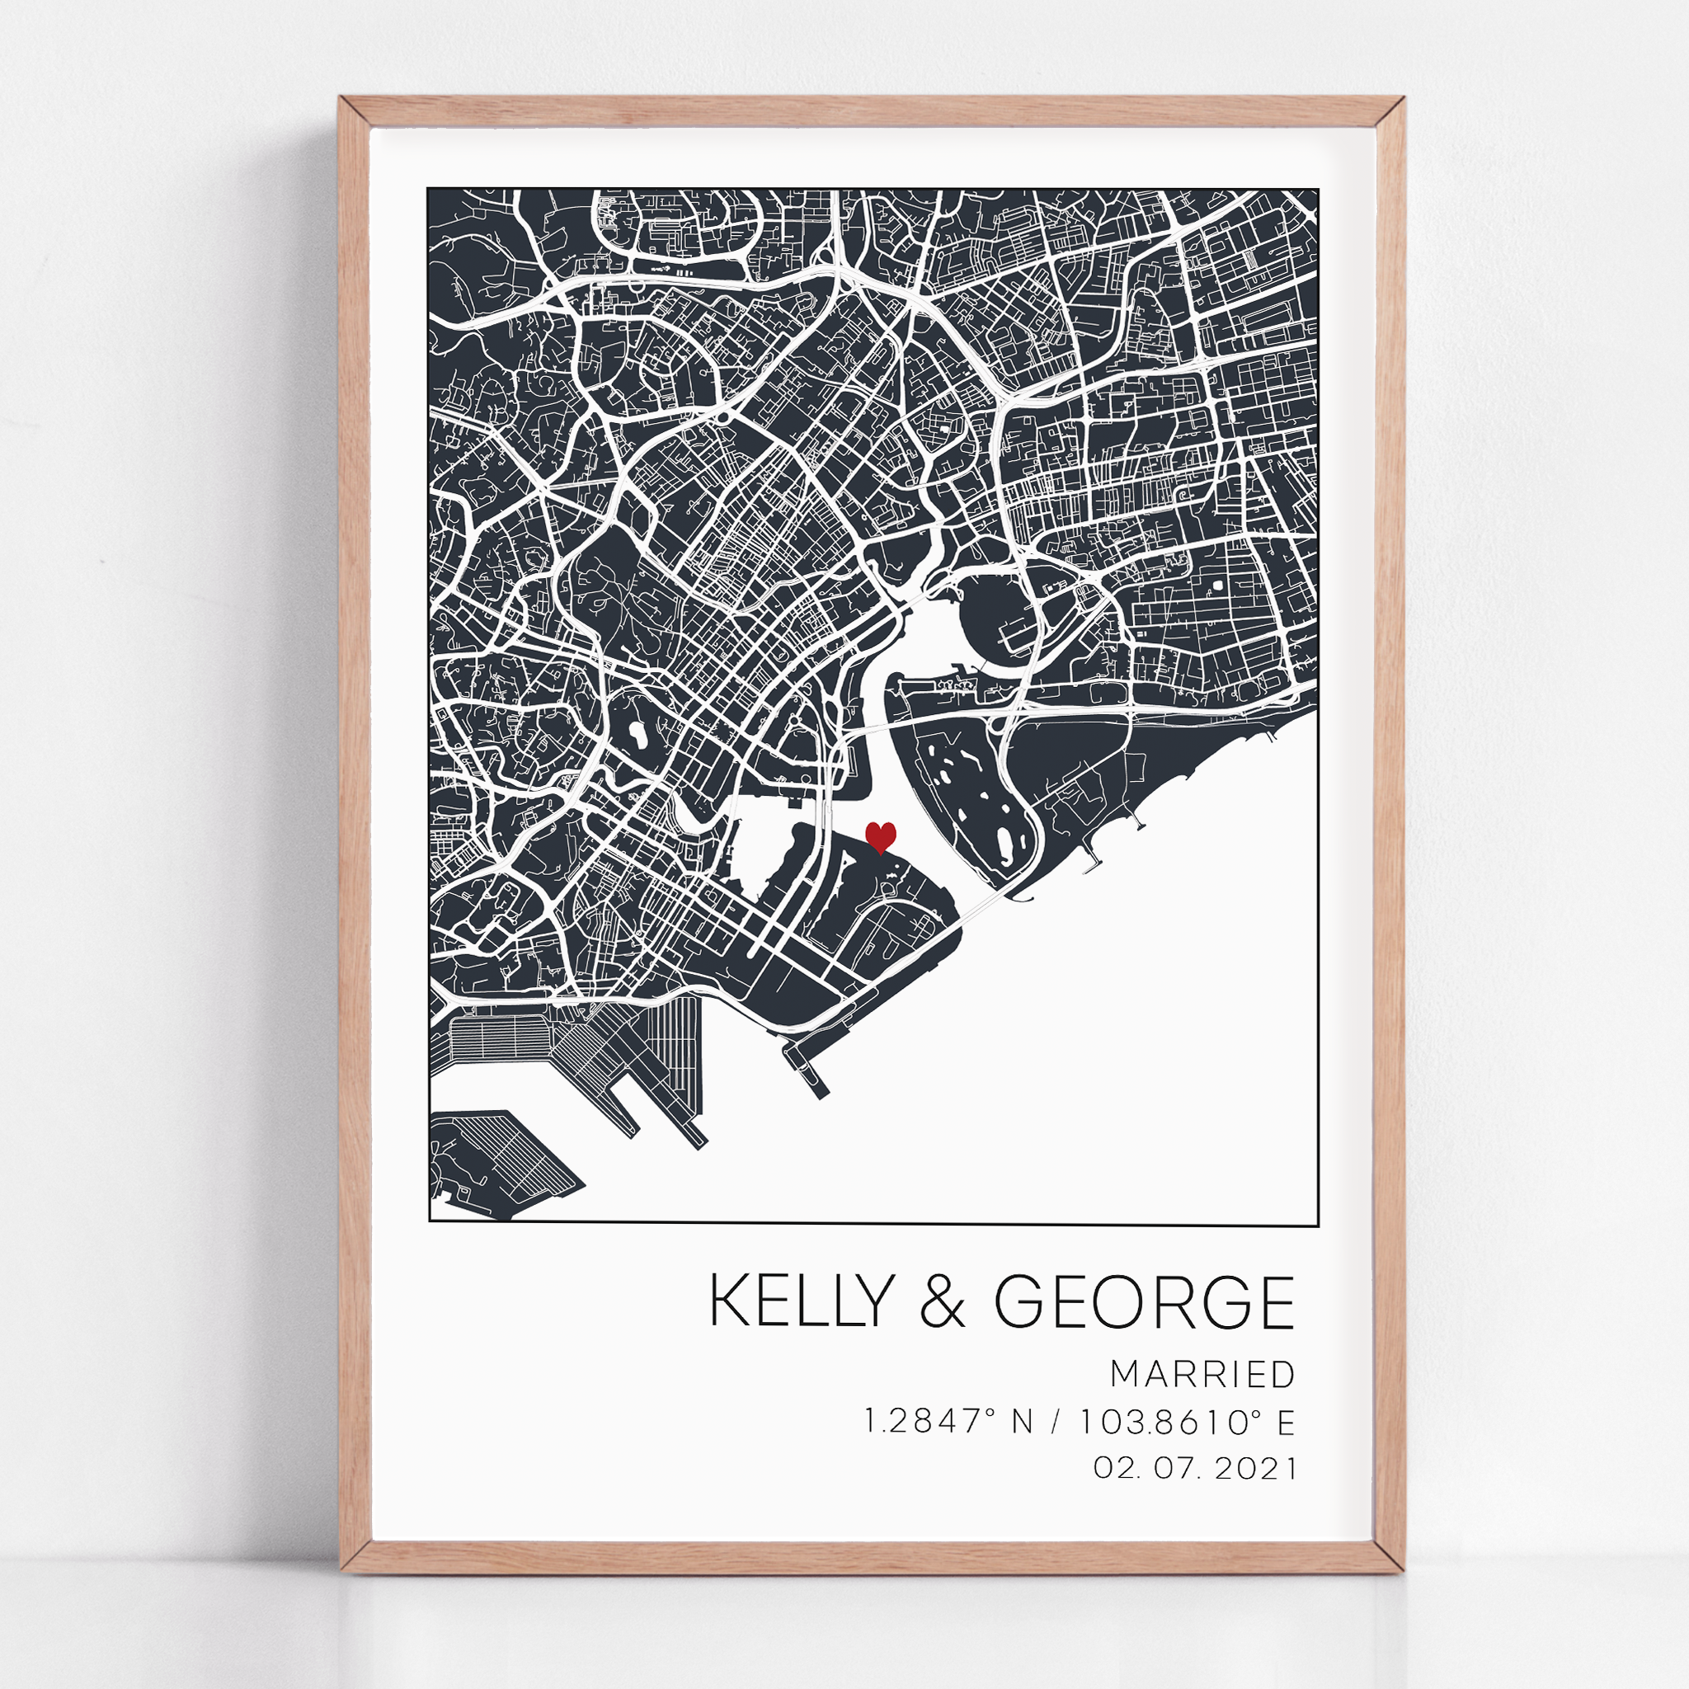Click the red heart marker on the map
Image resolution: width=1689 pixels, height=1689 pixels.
tap(880, 836)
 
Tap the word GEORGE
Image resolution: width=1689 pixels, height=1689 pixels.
tap(1145, 1301)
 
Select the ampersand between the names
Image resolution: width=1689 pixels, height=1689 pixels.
tap(943, 1301)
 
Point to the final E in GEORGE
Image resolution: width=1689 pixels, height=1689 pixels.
tap(1277, 1301)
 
